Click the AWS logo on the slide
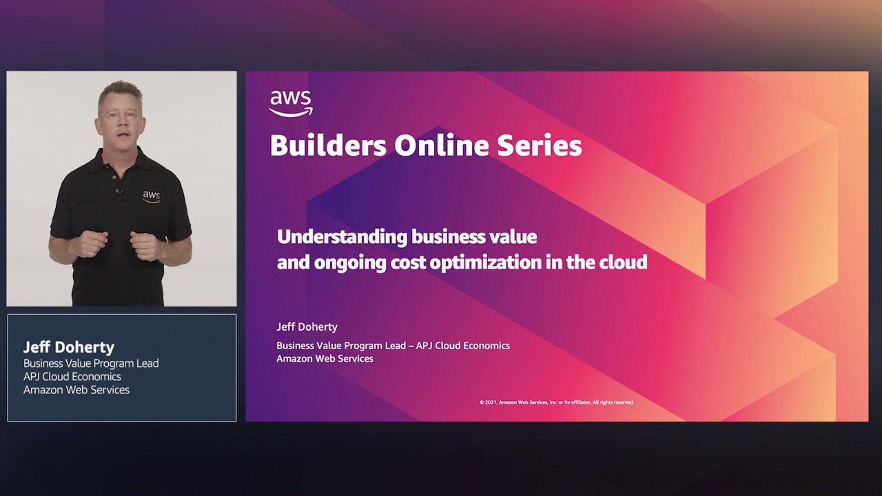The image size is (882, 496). [x=291, y=103]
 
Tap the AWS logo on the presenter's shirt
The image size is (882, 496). [x=151, y=196]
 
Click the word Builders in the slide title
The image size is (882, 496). [x=327, y=146]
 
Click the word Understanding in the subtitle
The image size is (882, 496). [x=342, y=237]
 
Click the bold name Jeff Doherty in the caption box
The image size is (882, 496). [x=69, y=347]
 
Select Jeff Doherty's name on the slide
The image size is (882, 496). [x=307, y=327]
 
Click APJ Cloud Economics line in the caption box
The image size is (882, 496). [x=72, y=377]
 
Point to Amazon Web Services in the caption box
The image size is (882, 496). [x=76, y=390]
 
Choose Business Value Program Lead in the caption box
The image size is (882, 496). [x=91, y=363]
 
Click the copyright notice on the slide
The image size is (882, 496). [x=556, y=402]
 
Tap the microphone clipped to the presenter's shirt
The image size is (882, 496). [x=119, y=191]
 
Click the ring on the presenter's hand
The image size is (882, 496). [x=144, y=252]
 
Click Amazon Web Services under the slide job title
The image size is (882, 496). [x=325, y=358]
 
